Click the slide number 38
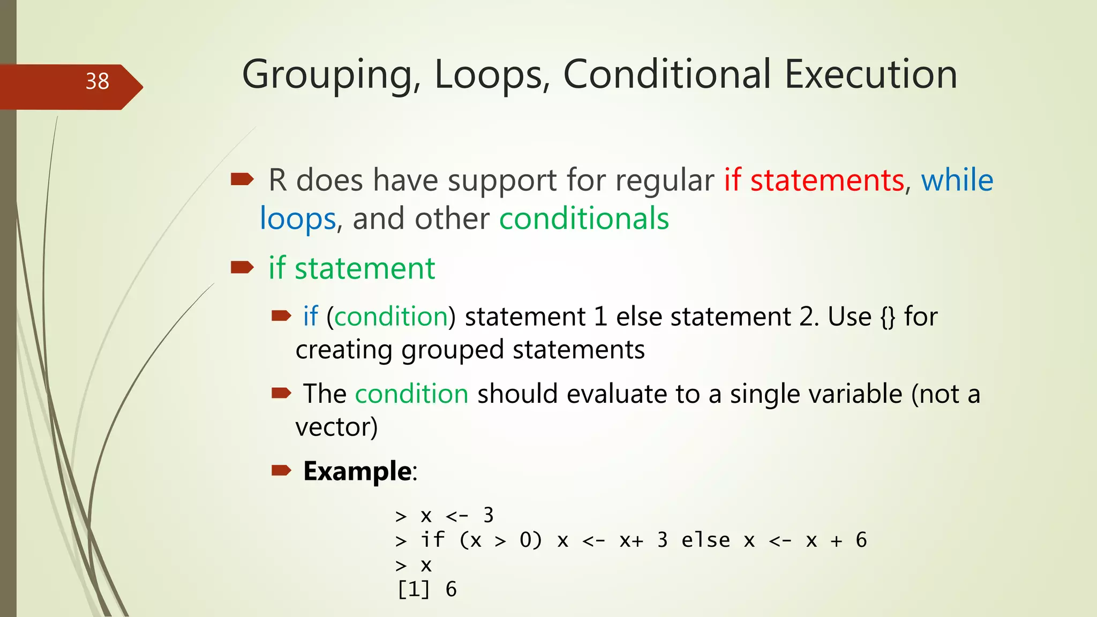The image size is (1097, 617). pos(97,81)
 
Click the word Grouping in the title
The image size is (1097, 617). pos(327,75)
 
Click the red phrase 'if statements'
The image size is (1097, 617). pos(814,180)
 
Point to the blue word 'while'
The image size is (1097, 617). pos(957,180)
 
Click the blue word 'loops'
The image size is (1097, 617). pos(298,219)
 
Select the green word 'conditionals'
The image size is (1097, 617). pos(584,219)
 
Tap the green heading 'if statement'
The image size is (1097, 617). pos(351,268)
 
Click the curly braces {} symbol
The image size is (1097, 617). pos(888,317)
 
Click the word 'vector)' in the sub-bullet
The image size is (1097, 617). pos(336,427)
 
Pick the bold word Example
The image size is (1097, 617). pos(357,471)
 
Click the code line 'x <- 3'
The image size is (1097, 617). pos(456,515)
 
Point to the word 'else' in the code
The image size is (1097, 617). pos(705,540)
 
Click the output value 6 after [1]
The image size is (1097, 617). pos(451,590)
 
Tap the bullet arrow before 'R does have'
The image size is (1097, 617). pos(242,179)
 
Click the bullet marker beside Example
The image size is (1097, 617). pos(281,471)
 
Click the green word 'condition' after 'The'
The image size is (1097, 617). pos(411,394)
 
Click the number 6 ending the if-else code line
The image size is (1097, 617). pos(861,540)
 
